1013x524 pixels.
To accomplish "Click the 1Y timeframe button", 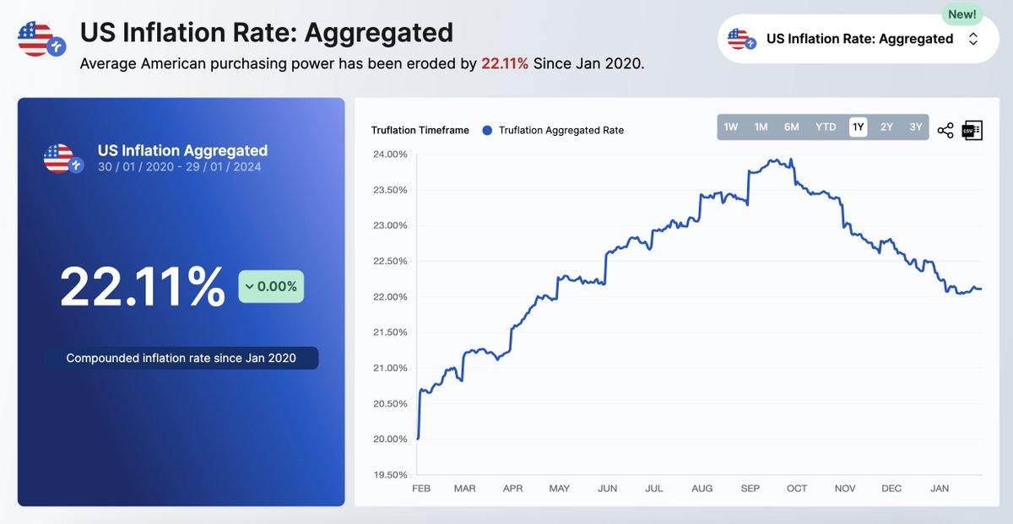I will coord(858,127).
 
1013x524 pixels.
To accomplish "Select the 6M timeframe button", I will coord(791,127).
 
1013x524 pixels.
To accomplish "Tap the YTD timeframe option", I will coord(826,127).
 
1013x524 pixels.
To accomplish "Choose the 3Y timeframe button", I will coord(915,127).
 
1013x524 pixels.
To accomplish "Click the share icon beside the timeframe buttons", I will coord(945,131).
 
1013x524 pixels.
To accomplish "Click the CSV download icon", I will coord(972,130).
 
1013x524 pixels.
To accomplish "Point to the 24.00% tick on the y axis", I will coord(389,154).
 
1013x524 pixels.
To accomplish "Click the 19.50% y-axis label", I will coord(389,474).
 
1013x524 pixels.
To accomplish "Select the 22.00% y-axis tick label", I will coord(389,297).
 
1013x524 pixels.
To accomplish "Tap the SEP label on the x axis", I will coord(750,489).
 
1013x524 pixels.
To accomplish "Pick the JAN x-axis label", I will coord(938,489).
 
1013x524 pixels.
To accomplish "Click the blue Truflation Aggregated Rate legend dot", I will coord(486,130).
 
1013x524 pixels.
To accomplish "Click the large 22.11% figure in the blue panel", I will coord(143,287).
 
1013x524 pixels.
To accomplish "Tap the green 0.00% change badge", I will coord(271,287).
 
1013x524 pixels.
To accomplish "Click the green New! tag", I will coord(962,14).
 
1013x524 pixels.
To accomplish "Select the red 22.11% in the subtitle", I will coord(505,63).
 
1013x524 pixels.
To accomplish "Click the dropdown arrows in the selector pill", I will coord(973,39).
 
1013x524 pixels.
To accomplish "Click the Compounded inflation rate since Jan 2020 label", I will coord(181,358).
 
